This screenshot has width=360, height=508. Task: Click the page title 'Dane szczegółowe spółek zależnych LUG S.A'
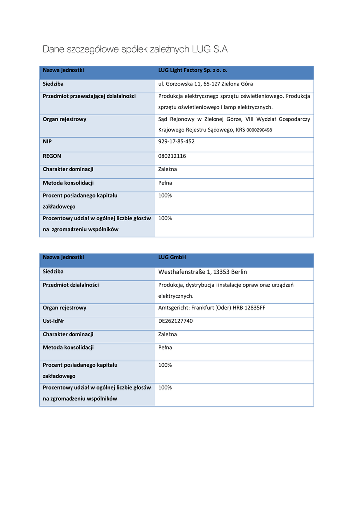(135, 49)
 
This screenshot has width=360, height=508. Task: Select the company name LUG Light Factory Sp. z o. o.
(193, 70)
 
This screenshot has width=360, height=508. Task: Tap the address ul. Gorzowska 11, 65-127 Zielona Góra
(205, 84)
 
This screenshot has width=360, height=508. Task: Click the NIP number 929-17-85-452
(176, 142)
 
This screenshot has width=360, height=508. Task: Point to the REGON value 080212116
(172, 156)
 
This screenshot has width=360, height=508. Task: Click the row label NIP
(48, 142)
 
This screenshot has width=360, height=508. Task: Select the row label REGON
(52, 156)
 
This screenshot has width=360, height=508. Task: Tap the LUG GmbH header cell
(172, 257)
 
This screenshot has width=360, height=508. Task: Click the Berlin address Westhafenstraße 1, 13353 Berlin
(203, 272)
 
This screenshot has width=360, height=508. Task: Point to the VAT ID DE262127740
(175, 321)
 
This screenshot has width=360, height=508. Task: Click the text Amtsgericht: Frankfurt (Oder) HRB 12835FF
(212, 308)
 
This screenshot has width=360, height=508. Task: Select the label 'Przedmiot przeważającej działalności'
(89, 96)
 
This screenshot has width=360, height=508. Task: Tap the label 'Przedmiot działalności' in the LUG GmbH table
(71, 285)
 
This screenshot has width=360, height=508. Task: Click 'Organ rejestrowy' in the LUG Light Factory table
(65, 119)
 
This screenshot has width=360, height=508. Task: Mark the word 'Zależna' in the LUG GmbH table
(167, 334)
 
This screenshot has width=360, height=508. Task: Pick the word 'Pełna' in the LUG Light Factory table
(165, 183)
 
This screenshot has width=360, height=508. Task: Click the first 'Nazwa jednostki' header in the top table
(64, 70)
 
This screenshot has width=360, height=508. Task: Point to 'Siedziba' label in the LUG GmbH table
(53, 272)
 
